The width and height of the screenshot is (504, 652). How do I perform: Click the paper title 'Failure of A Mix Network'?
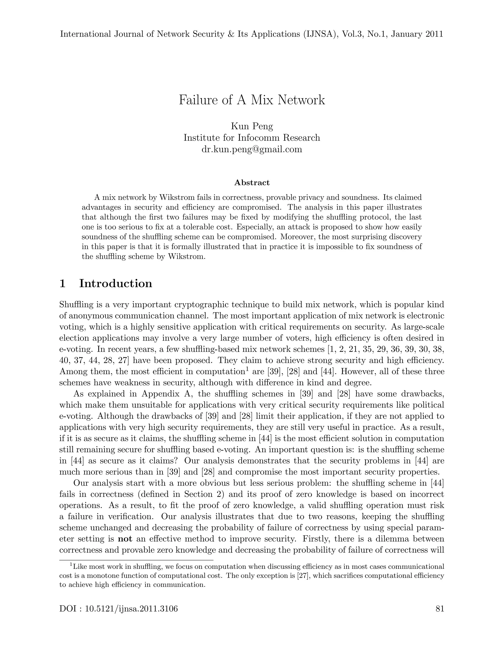pyautogui.click(x=252, y=100)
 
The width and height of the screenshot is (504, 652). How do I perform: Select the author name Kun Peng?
pyautogui.click(x=252, y=126)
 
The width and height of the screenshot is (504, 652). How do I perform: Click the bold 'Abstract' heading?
pyautogui.click(x=252, y=182)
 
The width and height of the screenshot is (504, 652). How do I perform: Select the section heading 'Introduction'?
pyautogui.click(x=116, y=283)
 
